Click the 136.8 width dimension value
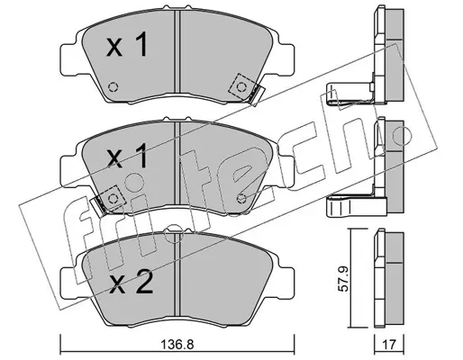(177, 345)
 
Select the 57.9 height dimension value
(342, 278)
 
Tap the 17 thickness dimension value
(389, 345)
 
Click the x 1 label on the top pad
(127, 46)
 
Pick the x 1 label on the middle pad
(127, 156)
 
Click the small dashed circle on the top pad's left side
(113, 87)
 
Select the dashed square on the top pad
(241, 86)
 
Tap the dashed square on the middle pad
(113, 199)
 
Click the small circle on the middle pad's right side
(241, 198)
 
